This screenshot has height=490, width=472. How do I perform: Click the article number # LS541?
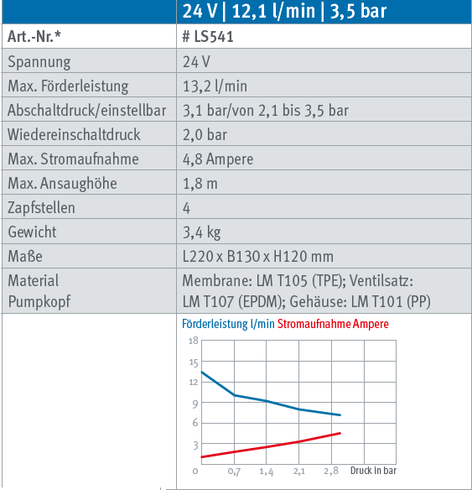click(208, 37)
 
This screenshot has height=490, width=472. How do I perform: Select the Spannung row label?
click(39, 62)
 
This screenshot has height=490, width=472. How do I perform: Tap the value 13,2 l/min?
click(215, 86)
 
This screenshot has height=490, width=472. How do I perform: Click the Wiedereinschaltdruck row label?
click(74, 135)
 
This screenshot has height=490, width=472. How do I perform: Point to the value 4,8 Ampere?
click(218, 159)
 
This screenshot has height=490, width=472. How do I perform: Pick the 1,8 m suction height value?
click(200, 184)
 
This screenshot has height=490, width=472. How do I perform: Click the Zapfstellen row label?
click(41, 208)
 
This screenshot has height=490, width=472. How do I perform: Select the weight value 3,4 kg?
click(202, 232)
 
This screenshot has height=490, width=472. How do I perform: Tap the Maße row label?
click(25, 256)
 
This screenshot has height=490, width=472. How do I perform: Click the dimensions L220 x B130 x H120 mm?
click(258, 256)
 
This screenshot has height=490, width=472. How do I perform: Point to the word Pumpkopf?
click(39, 302)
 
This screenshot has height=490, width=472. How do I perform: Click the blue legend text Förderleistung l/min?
click(228, 324)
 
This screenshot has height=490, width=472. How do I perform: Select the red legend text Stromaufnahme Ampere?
click(333, 324)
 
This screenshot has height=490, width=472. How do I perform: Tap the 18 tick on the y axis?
click(194, 341)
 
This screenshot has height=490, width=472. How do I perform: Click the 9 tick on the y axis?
click(195, 404)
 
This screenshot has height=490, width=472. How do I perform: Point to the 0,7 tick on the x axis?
click(234, 472)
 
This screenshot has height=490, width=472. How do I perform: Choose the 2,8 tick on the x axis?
click(331, 471)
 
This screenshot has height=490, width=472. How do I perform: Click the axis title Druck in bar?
click(373, 471)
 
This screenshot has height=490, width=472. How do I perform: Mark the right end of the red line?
click(340, 433)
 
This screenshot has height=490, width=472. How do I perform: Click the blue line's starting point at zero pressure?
click(202, 373)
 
